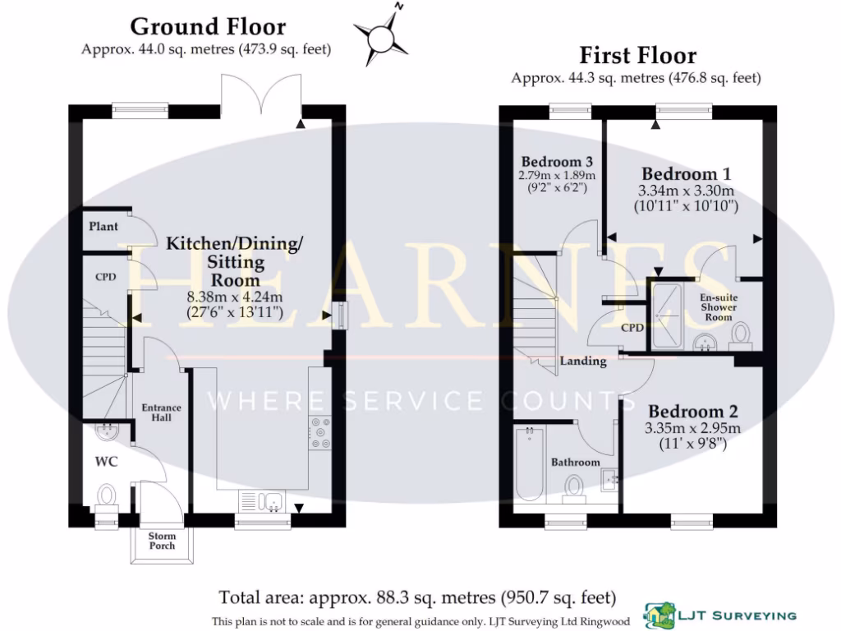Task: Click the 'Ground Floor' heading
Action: [208, 26]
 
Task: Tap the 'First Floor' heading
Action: [637, 56]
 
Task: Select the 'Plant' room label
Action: [104, 227]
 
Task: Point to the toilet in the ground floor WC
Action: [107, 495]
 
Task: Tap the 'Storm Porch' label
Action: [162, 541]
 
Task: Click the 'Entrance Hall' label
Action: [161, 412]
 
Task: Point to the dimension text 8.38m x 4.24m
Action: [234, 297]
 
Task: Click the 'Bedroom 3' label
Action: [557, 161]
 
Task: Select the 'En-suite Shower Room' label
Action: [716, 307]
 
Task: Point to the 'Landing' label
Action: [583, 361]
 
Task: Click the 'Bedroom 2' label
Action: [693, 412]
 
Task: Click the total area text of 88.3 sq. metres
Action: [417, 597]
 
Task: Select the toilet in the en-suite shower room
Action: [742, 333]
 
